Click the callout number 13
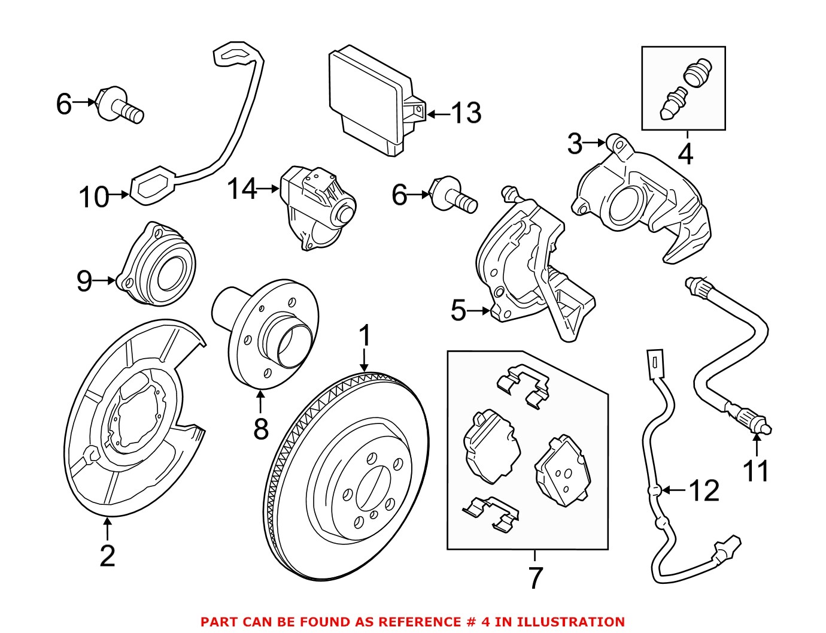tap(466, 113)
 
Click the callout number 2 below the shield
tap(107, 556)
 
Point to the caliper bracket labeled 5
tap(527, 269)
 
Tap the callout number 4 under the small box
tap(685, 154)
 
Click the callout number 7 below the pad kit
tap(535, 577)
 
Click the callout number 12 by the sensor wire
tap(704, 490)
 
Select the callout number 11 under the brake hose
tap(755, 470)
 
